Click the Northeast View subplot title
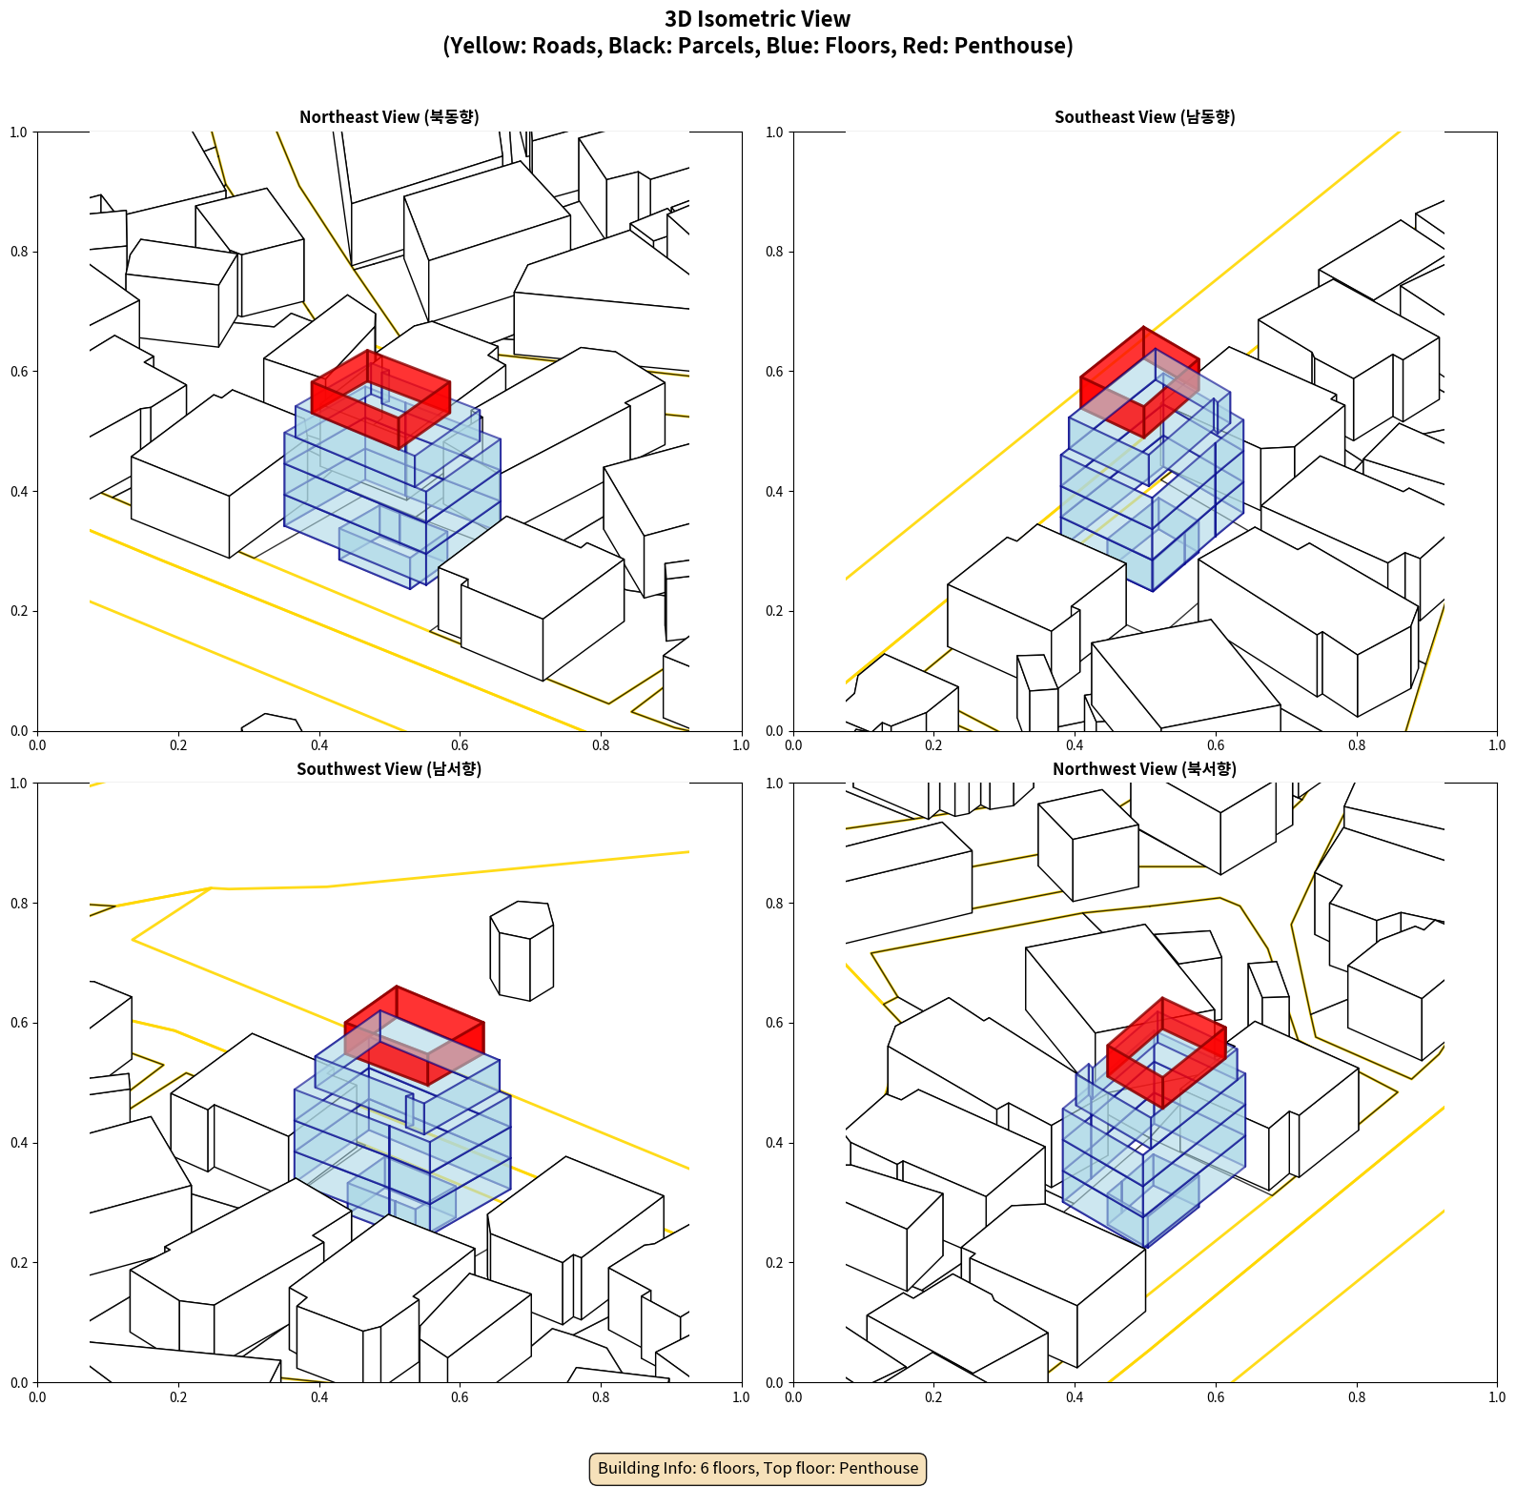[389, 117]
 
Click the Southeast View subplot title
[1144, 117]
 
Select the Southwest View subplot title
[389, 769]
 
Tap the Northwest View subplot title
[1144, 769]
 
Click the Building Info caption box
[758, 1468]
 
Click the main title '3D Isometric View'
[758, 19]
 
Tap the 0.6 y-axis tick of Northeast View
[19, 372]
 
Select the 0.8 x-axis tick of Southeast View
[1357, 745]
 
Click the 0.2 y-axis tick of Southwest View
[19, 1263]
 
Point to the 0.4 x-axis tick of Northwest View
[1075, 1397]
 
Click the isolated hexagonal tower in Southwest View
[522, 950]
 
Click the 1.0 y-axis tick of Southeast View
[774, 132]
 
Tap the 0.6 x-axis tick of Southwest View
[460, 1397]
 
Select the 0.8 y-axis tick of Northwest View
[774, 904]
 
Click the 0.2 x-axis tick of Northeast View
[178, 745]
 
